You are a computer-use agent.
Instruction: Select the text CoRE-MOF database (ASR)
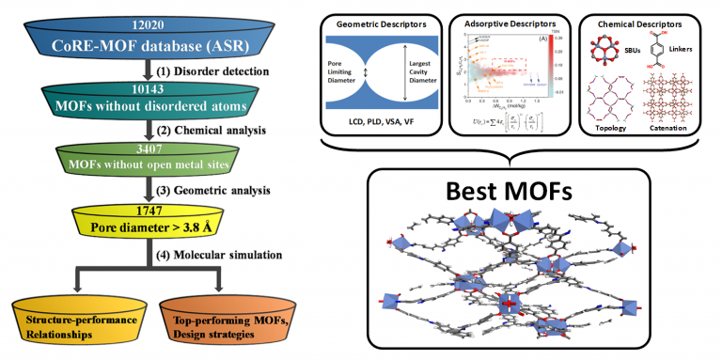(x=147, y=45)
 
